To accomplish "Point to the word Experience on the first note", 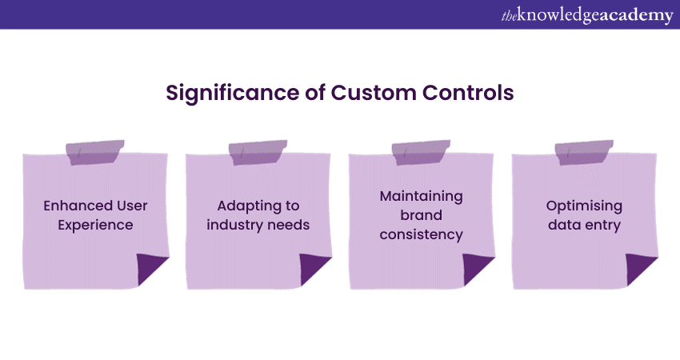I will (x=94, y=225).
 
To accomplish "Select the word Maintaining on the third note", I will (x=421, y=196).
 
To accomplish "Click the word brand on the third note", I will (x=421, y=215).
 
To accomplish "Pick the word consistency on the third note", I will (x=421, y=234).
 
